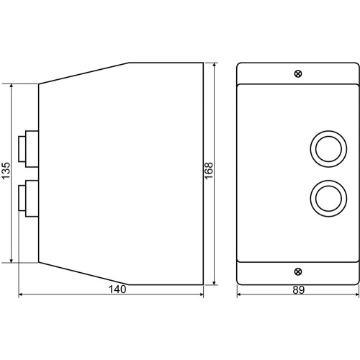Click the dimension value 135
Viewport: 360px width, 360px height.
pyautogui.click(x=6, y=170)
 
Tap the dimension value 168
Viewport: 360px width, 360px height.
pyautogui.click(x=209, y=171)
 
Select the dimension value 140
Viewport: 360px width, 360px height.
pyautogui.click(x=117, y=289)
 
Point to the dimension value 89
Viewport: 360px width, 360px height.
pyautogui.click(x=299, y=290)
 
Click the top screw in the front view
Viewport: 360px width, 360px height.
pyautogui.click(x=298, y=73)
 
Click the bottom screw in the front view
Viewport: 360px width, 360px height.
pyautogui.click(x=298, y=271)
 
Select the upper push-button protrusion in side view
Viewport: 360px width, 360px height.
pyautogui.click(x=29, y=149)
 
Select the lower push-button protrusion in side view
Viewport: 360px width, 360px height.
pyautogui.click(x=29, y=199)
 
